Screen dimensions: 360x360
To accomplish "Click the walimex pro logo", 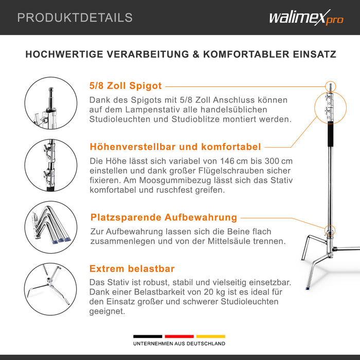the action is pos(307,17).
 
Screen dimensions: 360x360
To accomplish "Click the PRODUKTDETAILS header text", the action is pos(75,17).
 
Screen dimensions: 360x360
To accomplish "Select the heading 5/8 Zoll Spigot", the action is pos(125,86).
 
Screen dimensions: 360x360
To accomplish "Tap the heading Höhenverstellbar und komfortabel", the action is pos(175,147).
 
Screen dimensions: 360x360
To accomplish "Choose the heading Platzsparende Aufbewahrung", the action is pos(164,218).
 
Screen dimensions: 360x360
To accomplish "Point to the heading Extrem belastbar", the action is pos(132,268).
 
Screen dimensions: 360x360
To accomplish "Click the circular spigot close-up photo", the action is pos(51,103).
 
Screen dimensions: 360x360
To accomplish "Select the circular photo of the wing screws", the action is pos(51,165).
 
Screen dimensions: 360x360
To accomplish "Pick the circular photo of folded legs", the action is pos(51,227).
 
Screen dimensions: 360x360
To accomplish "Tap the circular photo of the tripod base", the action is pos(50,289).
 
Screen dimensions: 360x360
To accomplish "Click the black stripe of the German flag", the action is pos(148,336).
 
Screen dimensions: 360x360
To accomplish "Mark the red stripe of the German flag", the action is pos(179,336).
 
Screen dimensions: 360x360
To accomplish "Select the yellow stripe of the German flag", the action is pos(211,336).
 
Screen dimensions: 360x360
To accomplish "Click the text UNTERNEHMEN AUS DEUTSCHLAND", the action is pos(179,344).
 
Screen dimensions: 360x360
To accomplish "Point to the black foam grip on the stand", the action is pos(330,134).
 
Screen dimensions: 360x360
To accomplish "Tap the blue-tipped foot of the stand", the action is pos(308,288).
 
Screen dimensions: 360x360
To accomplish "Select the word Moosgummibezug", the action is pos(175,181).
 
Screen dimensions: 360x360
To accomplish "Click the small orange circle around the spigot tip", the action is pos(331,81).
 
